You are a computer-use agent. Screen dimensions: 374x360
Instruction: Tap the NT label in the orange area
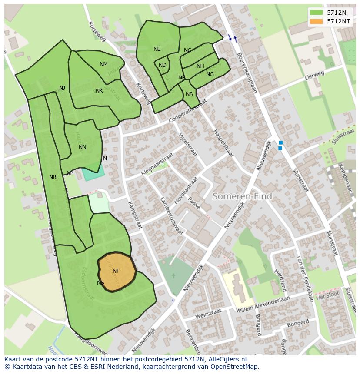click(x=116, y=271)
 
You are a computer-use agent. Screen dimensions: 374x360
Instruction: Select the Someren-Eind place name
click(x=242, y=196)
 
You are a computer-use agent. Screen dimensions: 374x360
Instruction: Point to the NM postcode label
click(x=103, y=64)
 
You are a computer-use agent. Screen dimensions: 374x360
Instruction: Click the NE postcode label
click(x=157, y=49)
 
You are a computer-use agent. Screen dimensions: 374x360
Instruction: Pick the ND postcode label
click(x=162, y=65)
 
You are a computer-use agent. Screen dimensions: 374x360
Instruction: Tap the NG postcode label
click(x=210, y=74)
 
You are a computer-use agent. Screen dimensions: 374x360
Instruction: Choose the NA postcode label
click(x=189, y=94)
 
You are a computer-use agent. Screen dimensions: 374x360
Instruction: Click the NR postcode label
click(x=53, y=177)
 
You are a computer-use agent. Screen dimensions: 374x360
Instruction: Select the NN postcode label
click(x=83, y=147)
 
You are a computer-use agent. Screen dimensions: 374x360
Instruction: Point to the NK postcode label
click(x=99, y=91)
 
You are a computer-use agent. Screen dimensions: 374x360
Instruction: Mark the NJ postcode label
click(x=62, y=88)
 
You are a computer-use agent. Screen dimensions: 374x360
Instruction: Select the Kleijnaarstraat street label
click(x=157, y=164)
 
